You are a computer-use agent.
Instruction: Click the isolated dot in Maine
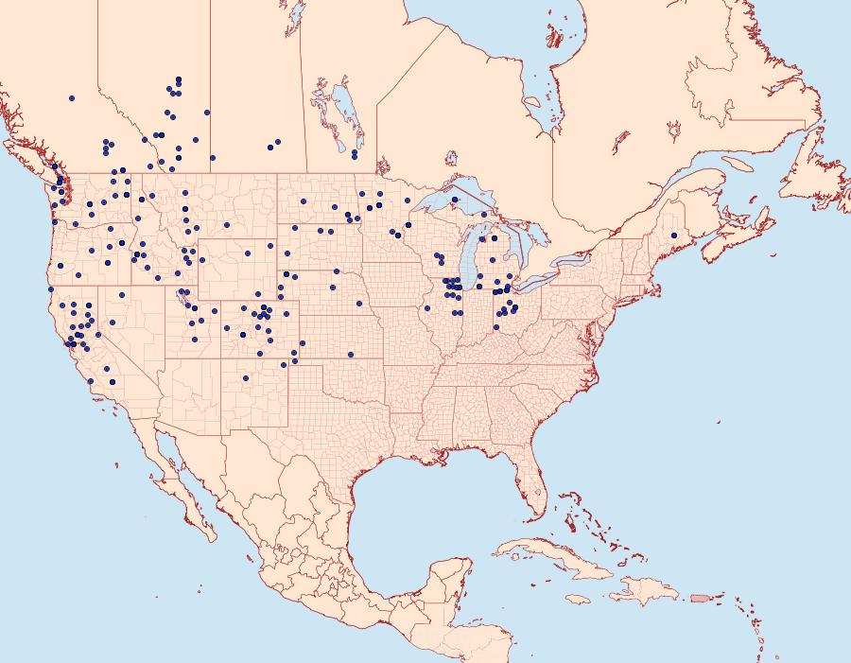click(x=674, y=235)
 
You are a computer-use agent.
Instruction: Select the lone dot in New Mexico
click(x=245, y=378)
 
